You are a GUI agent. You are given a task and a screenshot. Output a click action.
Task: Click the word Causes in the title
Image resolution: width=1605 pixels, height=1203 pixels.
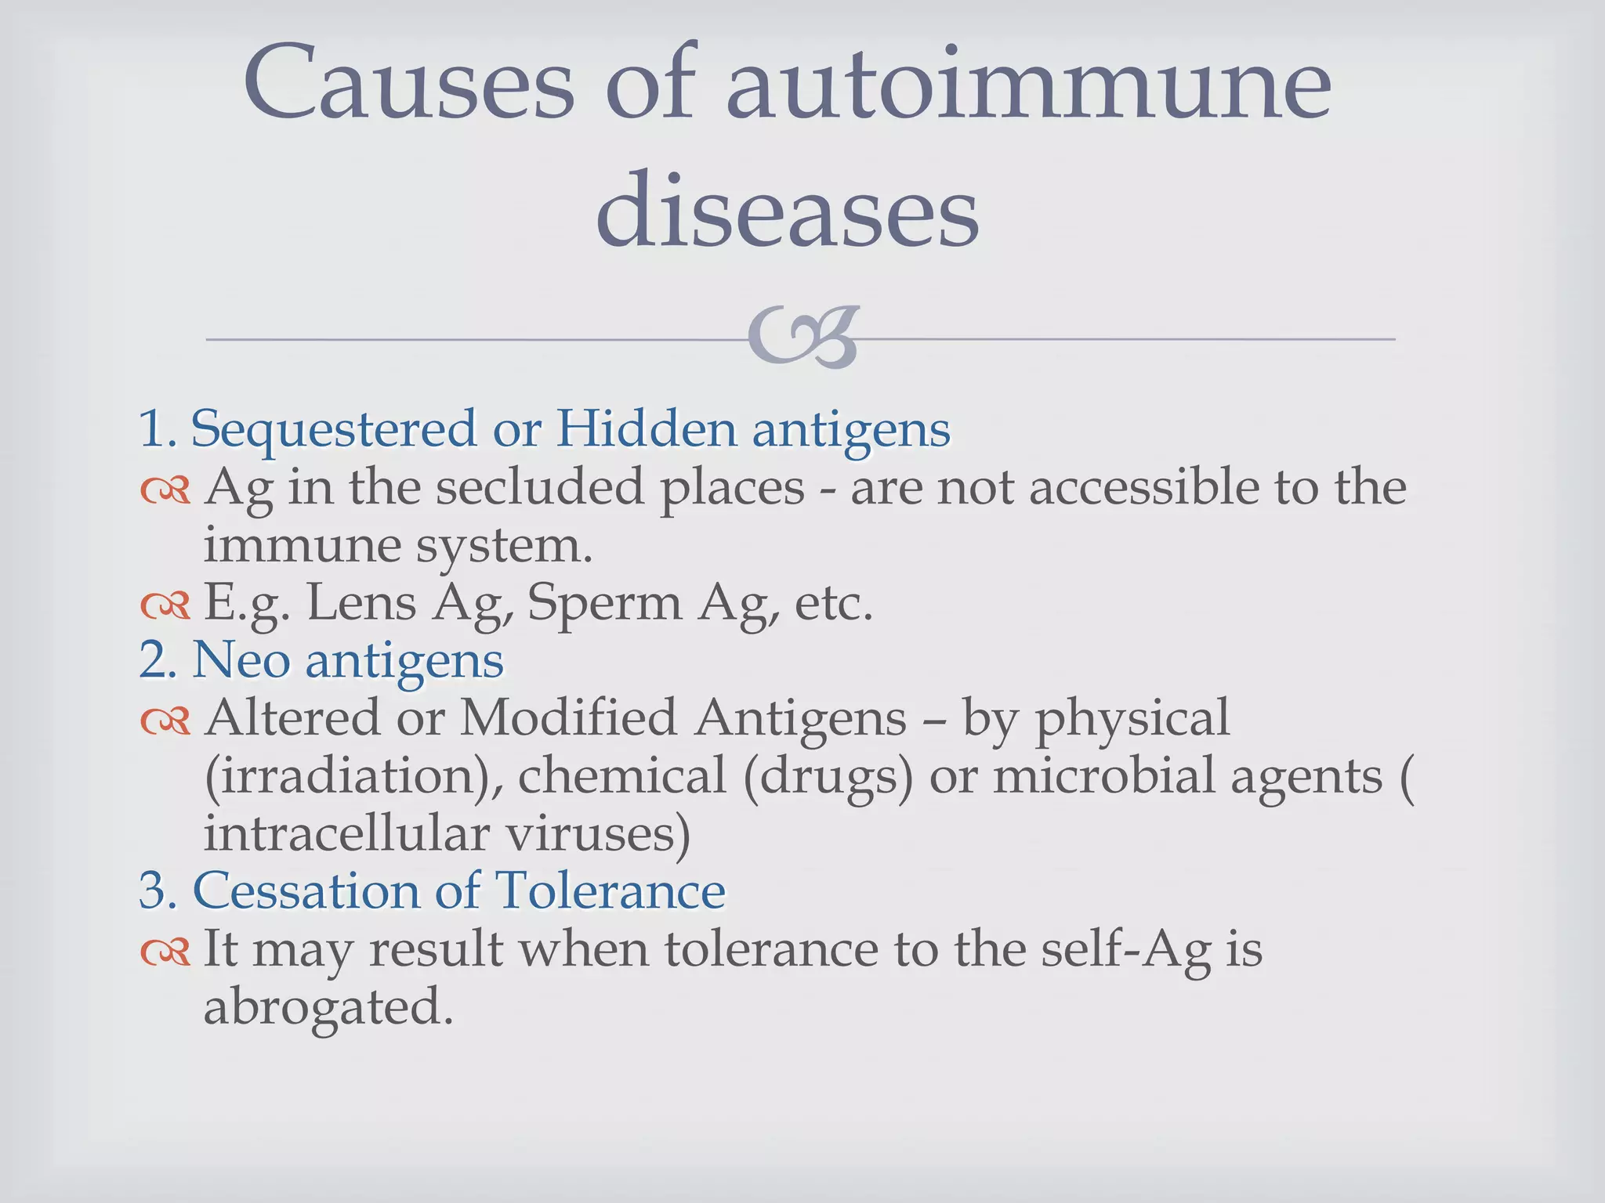408,83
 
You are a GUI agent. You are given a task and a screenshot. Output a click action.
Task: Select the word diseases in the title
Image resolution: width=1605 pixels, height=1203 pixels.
787,210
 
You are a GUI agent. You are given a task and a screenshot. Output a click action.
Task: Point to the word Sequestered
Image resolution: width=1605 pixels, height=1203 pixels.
334,429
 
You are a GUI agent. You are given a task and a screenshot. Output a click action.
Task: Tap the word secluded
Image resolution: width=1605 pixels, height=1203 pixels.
542,486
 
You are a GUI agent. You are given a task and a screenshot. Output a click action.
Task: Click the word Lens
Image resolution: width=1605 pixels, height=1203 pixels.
361,602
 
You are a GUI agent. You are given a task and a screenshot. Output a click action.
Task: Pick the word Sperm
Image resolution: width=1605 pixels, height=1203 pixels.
604,604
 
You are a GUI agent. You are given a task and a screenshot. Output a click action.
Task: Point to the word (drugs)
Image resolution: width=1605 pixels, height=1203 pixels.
828,776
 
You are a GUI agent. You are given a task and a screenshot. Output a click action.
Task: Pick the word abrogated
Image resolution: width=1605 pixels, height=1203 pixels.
328,1007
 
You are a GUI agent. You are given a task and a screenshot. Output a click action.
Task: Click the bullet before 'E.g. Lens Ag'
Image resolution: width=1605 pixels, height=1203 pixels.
165,605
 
